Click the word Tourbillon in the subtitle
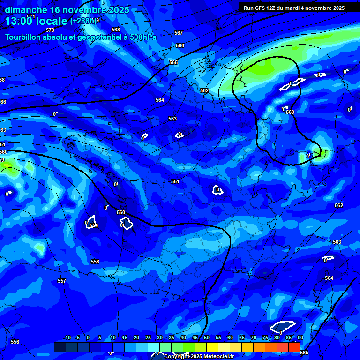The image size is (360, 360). (x=23, y=37)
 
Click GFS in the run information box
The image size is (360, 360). (x=261, y=7)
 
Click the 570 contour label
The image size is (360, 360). (x=50, y=30)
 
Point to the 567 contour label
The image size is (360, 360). (x=178, y=33)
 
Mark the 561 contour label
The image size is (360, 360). (x=175, y=181)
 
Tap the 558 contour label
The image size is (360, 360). (x=95, y=262)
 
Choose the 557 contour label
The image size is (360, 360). (x=62, y=281)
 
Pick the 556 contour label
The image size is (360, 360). (x=15, y=342)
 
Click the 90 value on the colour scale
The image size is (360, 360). (x=300, y=337)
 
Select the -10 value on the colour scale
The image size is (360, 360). (x=67, y=337)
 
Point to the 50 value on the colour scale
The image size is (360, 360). (x=207, y=337)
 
